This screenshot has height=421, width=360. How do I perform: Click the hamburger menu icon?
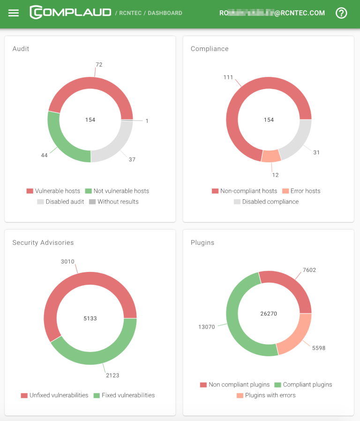click(14, 13)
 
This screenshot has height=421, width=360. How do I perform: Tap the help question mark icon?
click(342, 13)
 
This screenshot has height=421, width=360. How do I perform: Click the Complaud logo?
click(70, 13)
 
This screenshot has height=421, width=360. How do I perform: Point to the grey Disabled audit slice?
click(117, 148)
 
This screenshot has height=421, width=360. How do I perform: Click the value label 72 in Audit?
click(99, 65)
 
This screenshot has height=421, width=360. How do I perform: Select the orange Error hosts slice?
click(271, 156)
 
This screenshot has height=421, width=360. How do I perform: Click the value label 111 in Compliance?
click(228, 77)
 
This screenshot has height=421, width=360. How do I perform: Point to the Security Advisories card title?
click(43, 242)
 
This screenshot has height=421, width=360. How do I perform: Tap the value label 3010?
click(67, 262)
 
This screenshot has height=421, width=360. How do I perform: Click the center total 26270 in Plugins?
click(269, 314)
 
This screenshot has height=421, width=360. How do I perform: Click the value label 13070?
click(206, 327)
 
